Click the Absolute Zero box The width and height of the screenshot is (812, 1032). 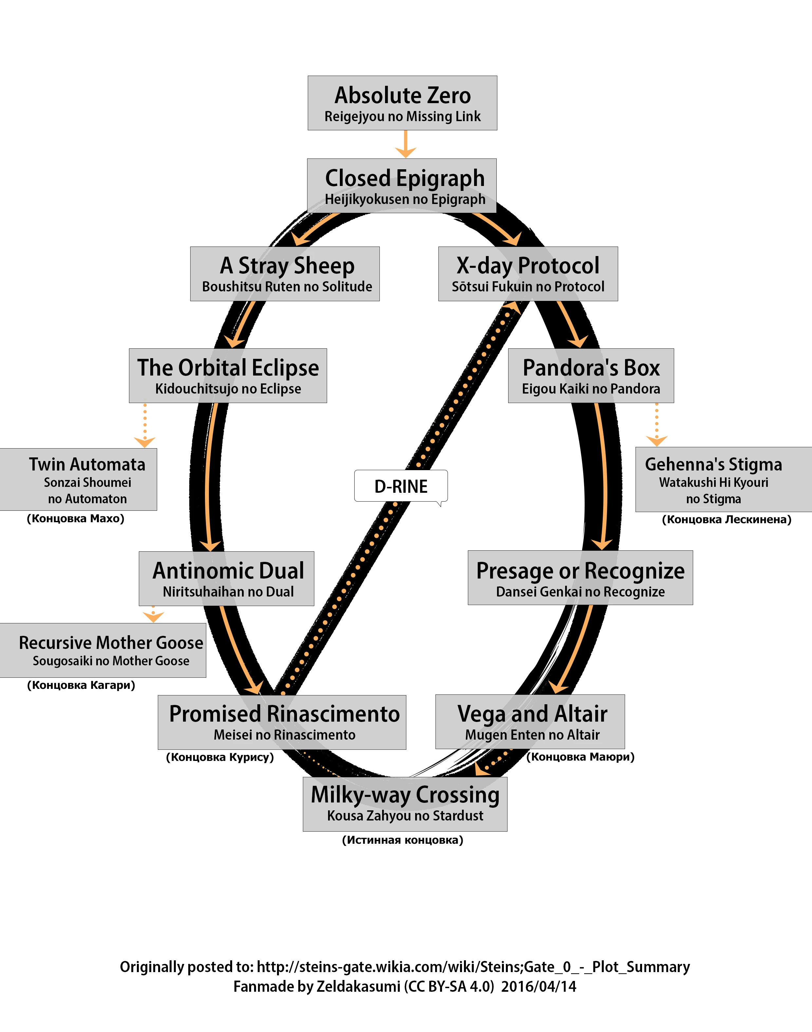coord(402,103)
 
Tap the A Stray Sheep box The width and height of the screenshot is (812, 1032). coord(285,274)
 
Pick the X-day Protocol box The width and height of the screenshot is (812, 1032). coord(528,274)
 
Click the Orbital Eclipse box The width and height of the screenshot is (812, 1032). coord(228,376)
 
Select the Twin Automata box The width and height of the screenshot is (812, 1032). coord(79,479)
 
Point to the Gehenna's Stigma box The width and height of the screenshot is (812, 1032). coord(723,479)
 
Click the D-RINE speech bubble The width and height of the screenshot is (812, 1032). coord(401,486)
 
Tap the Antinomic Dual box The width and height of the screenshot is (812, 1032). coord(226,579)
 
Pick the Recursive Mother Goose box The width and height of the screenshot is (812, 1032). coord(103,650)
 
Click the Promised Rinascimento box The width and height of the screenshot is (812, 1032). coord(282,722)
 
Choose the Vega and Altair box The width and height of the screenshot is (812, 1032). coord(530,722)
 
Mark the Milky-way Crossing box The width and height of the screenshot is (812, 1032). coord(405,804)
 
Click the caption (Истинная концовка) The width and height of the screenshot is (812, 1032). coord(402,840)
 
